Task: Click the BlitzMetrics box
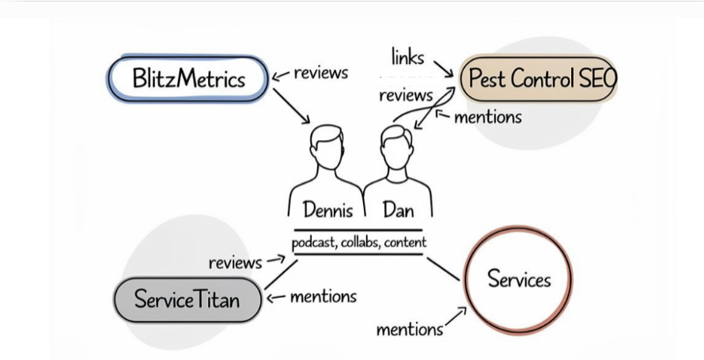(188, 78)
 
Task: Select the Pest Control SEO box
(538, 78)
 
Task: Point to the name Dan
(398, 210)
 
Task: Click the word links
(408, 57)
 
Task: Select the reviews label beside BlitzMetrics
(320, 73)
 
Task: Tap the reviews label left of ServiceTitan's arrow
(235, 262)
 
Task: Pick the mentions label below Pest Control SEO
(487, 117)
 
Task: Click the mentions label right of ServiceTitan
(323, 297)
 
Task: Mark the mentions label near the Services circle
(409, 328)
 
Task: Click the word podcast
(313, 242)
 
